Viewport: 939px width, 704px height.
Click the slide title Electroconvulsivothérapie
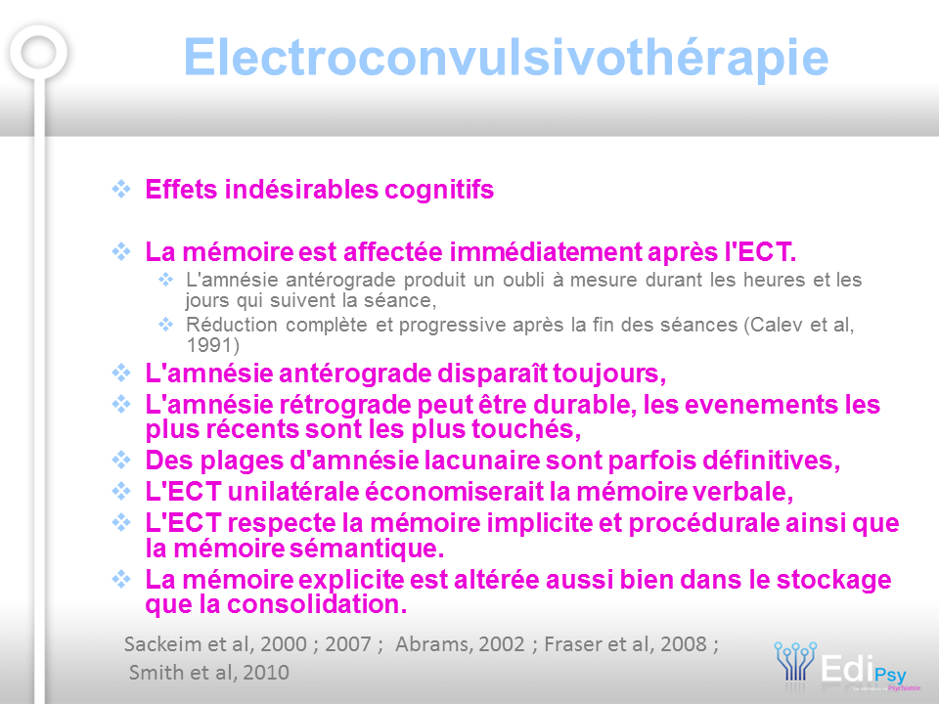coord(506,58)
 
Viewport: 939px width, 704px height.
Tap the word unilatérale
coord(293,492)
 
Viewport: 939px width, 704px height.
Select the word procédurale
coord(703,523)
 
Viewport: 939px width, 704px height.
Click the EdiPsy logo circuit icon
coord(795,661)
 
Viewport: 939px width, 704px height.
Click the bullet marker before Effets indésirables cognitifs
coord(121,189)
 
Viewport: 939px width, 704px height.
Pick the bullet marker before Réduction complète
coord(165,325)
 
